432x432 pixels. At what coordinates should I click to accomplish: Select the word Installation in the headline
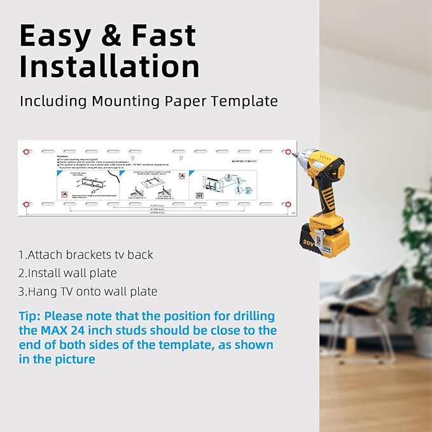tap(109, 66)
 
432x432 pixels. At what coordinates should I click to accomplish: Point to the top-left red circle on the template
tap(26, 153)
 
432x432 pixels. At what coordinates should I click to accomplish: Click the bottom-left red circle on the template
tap(26, 204)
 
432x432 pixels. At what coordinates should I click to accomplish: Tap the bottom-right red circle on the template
tap(288, 204)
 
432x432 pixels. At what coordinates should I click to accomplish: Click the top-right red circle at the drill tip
tap(288, 153)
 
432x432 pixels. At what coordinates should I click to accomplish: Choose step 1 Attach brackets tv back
tap(85, 254)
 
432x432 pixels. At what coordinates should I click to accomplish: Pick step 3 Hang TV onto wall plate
tap(88, 291)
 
